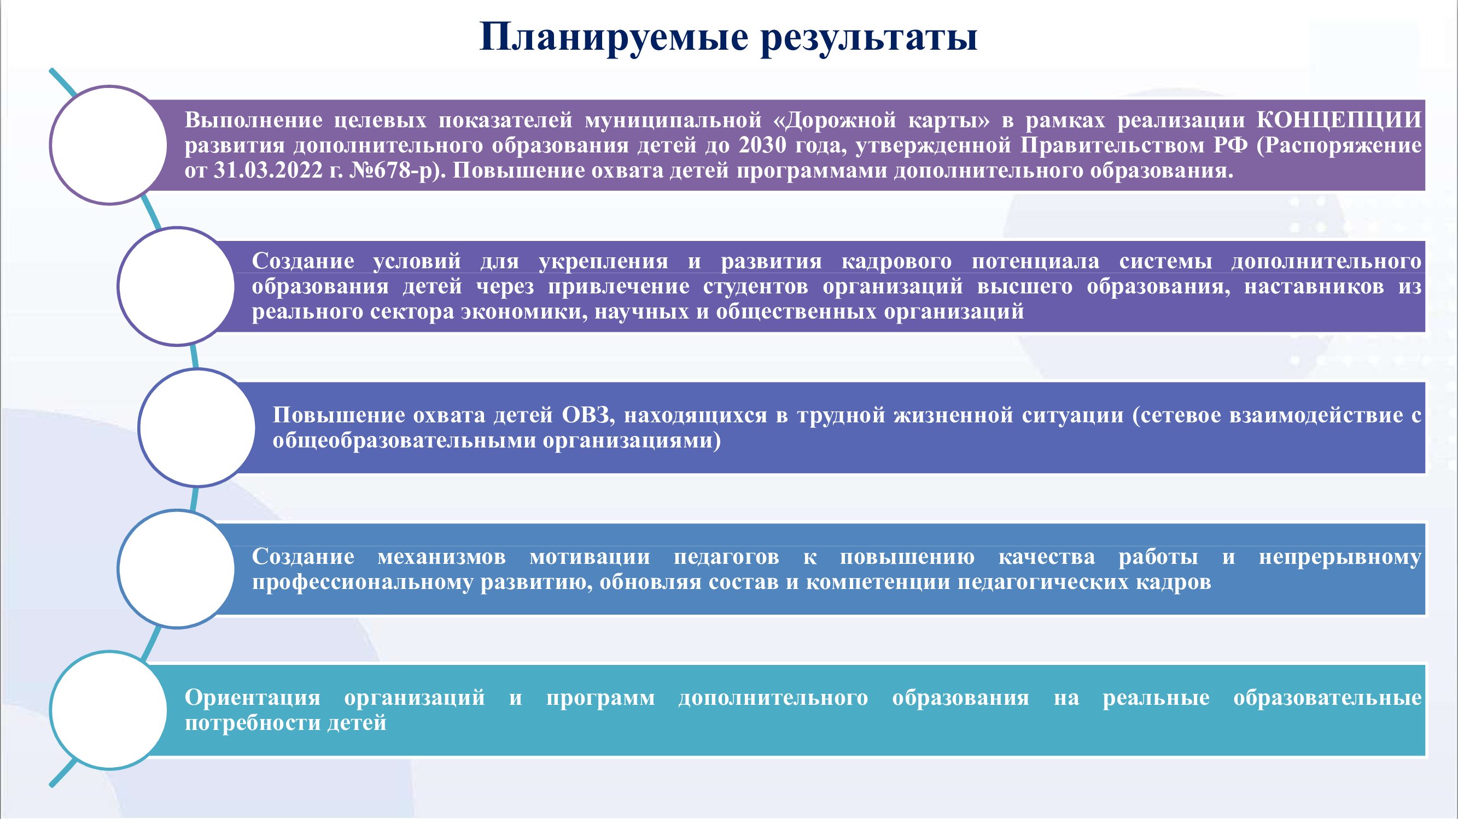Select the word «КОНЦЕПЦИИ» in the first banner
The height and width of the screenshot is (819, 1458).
tap(1339, 120)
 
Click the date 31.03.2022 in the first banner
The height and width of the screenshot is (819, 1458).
tap(268, 170)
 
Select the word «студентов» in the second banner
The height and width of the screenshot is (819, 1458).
tap(756, 286)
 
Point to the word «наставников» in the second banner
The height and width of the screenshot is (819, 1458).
tap(1314, 286)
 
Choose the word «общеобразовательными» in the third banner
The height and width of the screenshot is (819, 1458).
tap(404, 440)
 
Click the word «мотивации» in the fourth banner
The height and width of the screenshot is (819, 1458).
tap(590, 557)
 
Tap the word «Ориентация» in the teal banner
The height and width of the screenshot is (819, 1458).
tap(253, 697)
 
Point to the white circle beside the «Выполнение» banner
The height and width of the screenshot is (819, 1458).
tap(109, 145)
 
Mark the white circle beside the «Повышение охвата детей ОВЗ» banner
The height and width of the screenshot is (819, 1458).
tap(197, 428)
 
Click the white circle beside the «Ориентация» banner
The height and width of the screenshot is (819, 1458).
tap(109, 710)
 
